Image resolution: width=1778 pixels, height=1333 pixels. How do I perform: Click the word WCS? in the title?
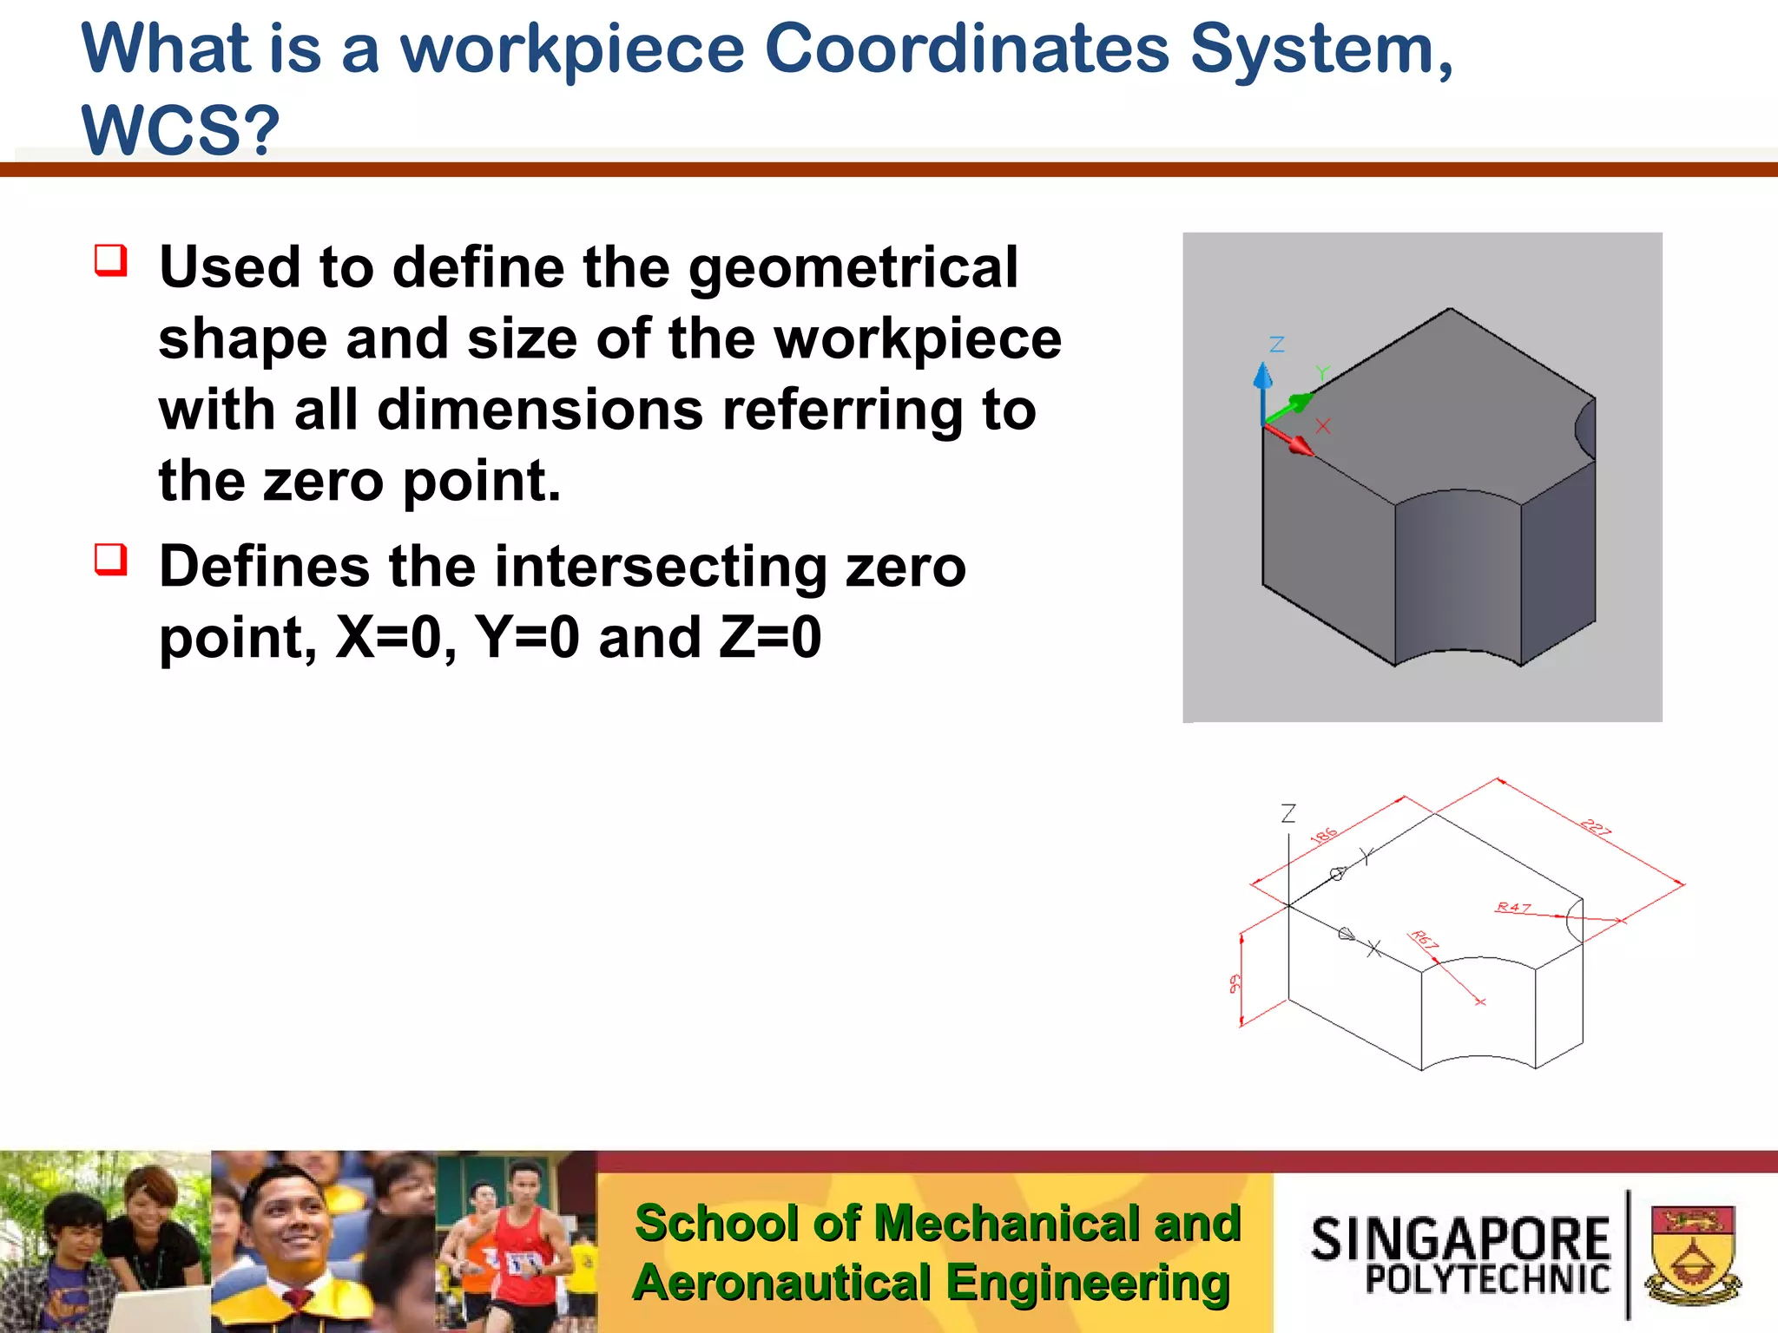[x=181, y=130]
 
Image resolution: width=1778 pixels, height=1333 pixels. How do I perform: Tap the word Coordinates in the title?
[x=966, y=49]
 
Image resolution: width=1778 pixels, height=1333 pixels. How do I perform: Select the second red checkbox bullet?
[x=111, y=560]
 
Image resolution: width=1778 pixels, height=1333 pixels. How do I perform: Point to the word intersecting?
[x=659, y=568]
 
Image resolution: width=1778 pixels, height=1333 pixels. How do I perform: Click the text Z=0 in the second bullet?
[x=769, y=638]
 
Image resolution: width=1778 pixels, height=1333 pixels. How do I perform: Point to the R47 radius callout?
[x=1513, y=908]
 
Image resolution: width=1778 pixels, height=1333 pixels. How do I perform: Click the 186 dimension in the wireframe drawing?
[x=1324, y=836]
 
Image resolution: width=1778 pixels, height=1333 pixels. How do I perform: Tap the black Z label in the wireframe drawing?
[x=1288, y=813]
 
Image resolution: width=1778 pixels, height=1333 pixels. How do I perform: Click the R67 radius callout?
[x=1425, y=940]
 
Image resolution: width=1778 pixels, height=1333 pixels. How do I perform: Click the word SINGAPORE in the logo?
[x=1460, y=1238]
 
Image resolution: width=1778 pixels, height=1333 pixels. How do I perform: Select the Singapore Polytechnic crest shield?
[x=1693, y=1254]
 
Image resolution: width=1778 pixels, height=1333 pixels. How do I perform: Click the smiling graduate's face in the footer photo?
[x=286, y=1215]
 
